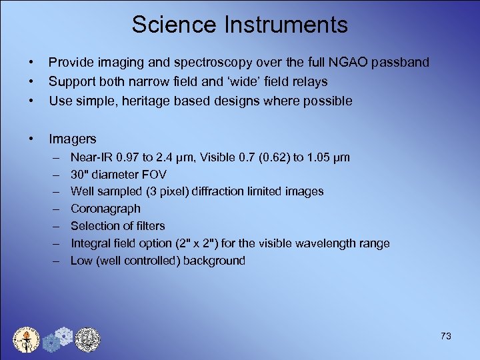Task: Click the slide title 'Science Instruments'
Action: click(239, 25)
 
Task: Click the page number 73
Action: click(445, 336)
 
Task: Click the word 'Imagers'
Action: click(73, 139)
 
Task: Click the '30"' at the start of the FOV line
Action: click(79, 175)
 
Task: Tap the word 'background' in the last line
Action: click(214, 261)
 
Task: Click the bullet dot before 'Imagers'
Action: click(32, 139)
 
